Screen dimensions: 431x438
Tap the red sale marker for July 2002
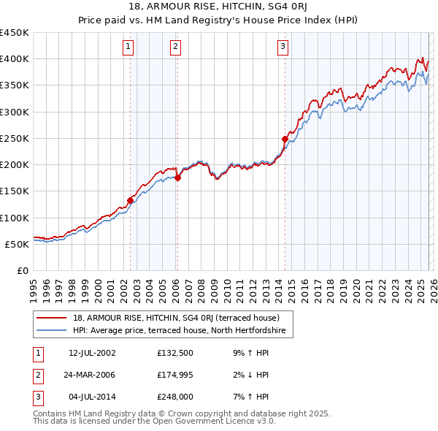[x=131, y=200]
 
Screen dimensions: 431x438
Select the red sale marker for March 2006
[x=177, y=178]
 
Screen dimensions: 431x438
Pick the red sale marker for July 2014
[x=285, y=139]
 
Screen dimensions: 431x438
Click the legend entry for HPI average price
[x=182, y=331]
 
